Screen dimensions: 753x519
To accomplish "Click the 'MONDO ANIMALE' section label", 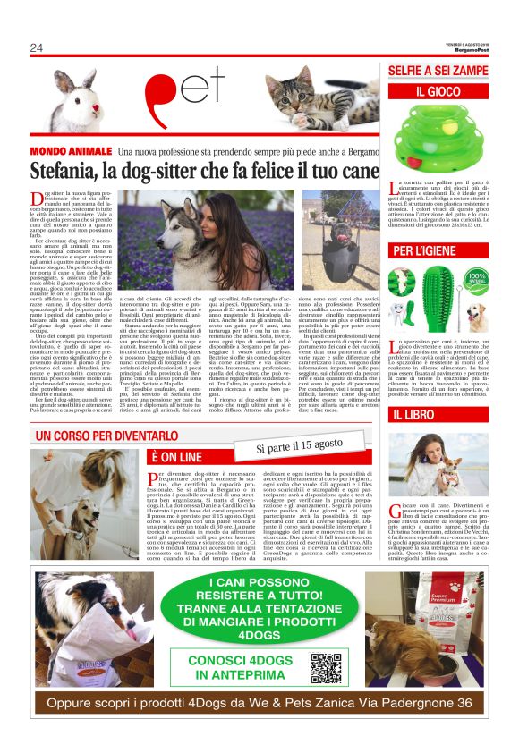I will [71, 152].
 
